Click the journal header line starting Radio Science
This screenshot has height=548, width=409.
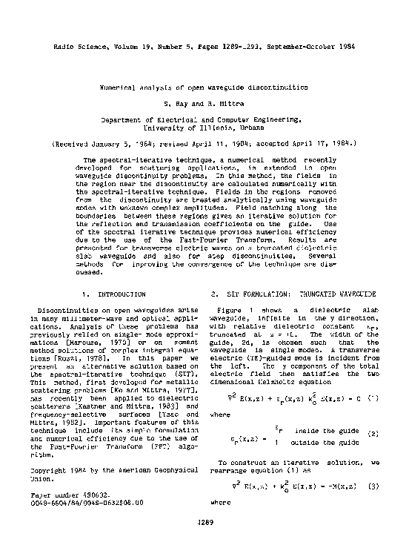[x=204, y=47]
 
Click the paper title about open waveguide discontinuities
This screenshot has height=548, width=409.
[x=204, y=87]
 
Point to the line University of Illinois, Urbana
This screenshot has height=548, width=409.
[x=204, y=127]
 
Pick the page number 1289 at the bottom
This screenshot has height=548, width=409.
[x=205, y=522]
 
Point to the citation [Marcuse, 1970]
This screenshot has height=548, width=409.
[x=69, y=343]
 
